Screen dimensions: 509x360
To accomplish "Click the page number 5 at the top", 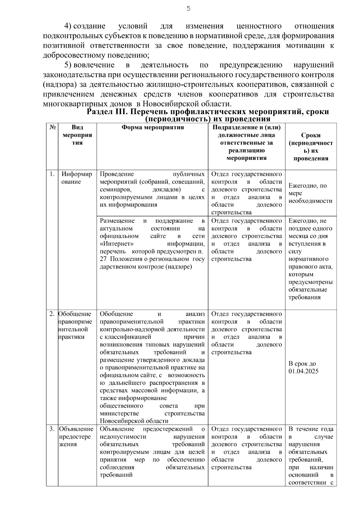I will pos(188,9).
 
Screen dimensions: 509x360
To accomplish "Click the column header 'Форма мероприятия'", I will pos(152,127).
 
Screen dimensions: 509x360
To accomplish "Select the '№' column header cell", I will pos(52,127).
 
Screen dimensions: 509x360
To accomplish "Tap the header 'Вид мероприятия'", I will pos(77,135).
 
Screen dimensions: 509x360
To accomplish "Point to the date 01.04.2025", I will pos(303,371).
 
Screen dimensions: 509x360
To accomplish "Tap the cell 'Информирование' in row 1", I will pos(77,178).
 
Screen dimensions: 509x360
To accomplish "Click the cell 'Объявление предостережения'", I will pos(76,436).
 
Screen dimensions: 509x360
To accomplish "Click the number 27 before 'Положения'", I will pos(103,259).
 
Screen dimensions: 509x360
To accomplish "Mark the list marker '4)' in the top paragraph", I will pos(68,26).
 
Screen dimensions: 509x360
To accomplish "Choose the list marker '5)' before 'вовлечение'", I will pos(68,65).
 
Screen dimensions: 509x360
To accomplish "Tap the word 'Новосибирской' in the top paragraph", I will pos(169,104).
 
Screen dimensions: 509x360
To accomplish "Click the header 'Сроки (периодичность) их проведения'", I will pos(310,147).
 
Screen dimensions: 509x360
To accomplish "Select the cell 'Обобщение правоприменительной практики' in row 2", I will pos(75,325).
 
